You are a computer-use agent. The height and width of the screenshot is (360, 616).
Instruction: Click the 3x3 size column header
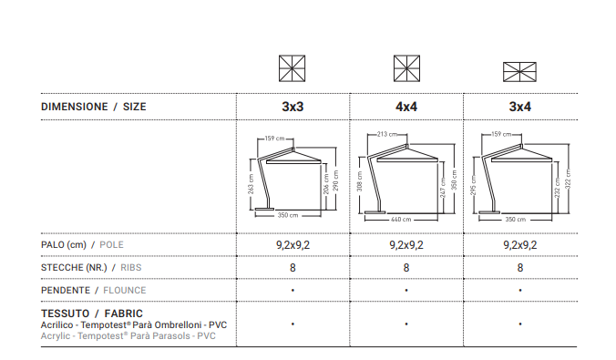click(x=293, y=107)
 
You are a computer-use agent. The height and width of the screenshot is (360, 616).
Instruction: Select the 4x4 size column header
click(x=406, y=107)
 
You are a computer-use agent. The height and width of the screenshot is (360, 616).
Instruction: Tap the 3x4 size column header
click(x=520, y=107)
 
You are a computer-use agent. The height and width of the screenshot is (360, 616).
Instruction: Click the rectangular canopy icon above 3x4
click(x=519, y=72)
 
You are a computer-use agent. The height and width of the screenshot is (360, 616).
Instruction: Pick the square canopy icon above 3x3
click(x=293, y=68)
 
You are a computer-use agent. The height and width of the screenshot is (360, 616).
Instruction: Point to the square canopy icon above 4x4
click(x=406, y=68)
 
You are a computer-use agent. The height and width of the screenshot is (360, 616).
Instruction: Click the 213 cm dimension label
click(x=387, y=134)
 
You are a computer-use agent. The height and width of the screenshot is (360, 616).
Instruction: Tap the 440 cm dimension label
click(x=401, y=220)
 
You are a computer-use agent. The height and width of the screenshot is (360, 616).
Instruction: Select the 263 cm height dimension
click(x=251, y=184)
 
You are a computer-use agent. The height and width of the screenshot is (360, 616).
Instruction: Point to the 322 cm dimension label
click(x=568, y=179)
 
